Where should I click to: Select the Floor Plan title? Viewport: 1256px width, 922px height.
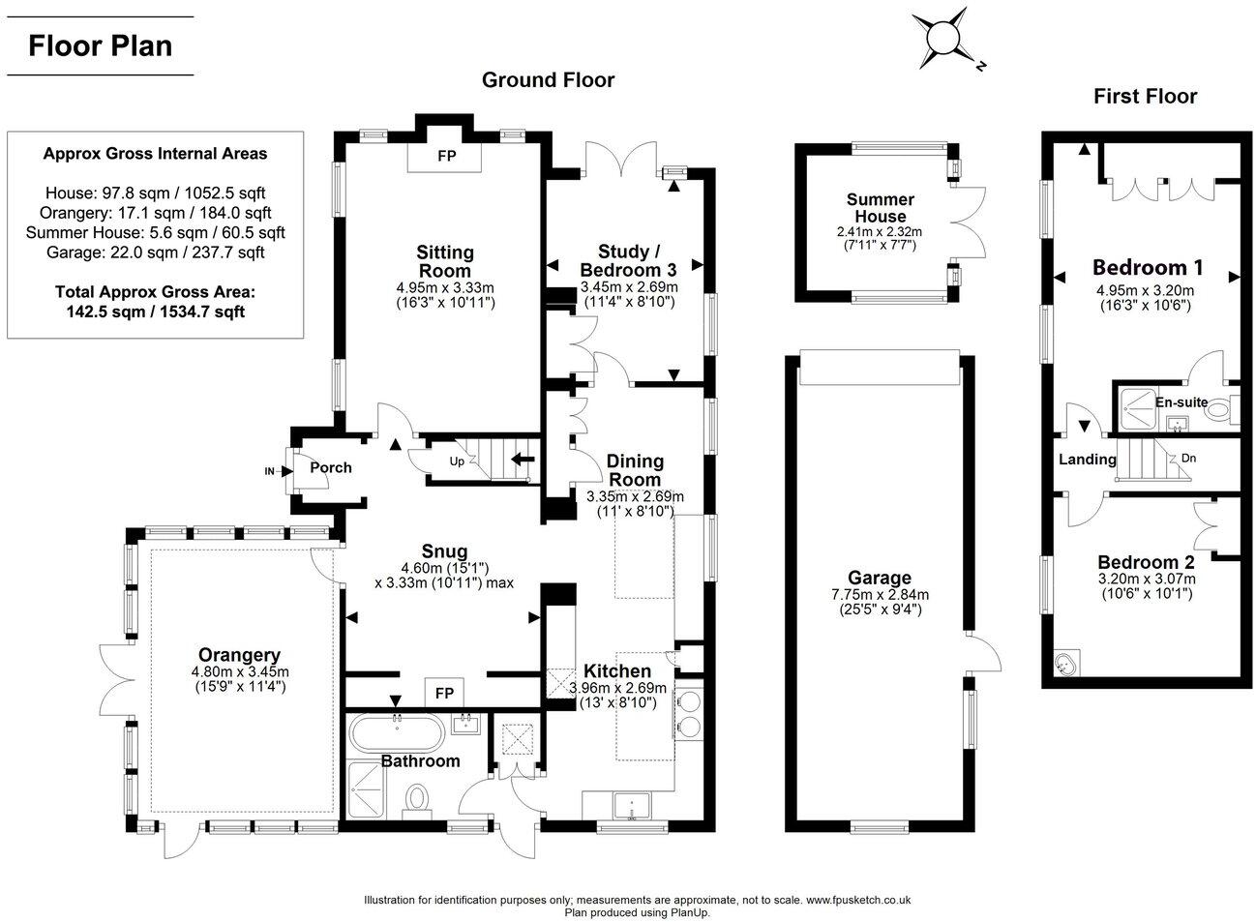pos(101,45)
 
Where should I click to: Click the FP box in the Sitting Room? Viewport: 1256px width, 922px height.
pos(446,156)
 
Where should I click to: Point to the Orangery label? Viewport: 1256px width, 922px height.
pos(239,655)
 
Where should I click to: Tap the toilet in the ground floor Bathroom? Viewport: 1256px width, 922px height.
pos(418,801)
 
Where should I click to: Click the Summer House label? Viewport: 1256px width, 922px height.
pos(881,208)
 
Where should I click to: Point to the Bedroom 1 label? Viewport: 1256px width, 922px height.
pos(1141,267)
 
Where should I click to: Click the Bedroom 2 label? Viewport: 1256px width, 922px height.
pos(1146,562)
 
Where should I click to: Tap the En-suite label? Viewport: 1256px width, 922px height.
pos(1180,402)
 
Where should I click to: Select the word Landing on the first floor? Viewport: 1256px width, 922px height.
pos(1087,460)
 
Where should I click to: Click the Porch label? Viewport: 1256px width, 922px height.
pos(331,467)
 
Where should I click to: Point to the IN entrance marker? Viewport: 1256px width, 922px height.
pos(270,471)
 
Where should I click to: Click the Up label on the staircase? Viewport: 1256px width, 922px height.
pos(457,461)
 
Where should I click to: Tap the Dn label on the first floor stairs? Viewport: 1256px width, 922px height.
pos(1189,458)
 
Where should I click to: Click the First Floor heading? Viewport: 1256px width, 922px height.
pos(1145,96)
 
